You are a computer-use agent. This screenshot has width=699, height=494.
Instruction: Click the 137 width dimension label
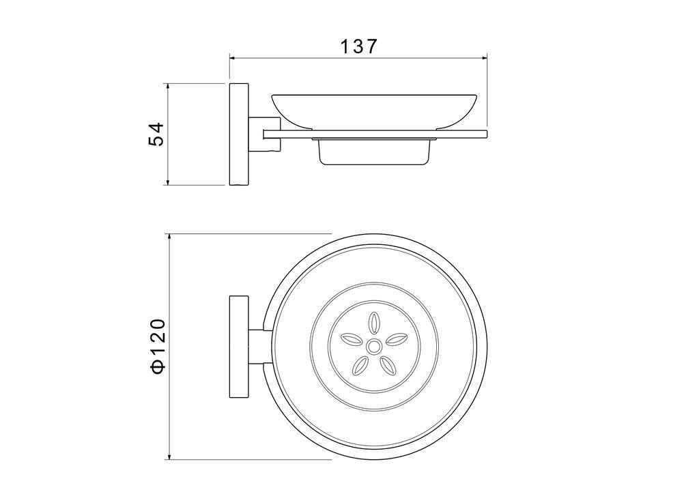358,46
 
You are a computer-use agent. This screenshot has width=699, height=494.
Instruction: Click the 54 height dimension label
156,134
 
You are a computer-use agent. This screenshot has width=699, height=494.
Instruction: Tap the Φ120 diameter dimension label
158,345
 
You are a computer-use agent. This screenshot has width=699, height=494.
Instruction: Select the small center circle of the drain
373,346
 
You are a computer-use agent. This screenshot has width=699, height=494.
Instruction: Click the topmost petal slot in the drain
373,323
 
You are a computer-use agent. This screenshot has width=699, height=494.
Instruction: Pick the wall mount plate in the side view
239,134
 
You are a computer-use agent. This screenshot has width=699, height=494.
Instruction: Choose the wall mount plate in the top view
239,346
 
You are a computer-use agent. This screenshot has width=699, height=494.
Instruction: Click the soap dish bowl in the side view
374,111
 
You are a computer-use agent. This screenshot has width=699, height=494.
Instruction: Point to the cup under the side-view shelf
374,151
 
